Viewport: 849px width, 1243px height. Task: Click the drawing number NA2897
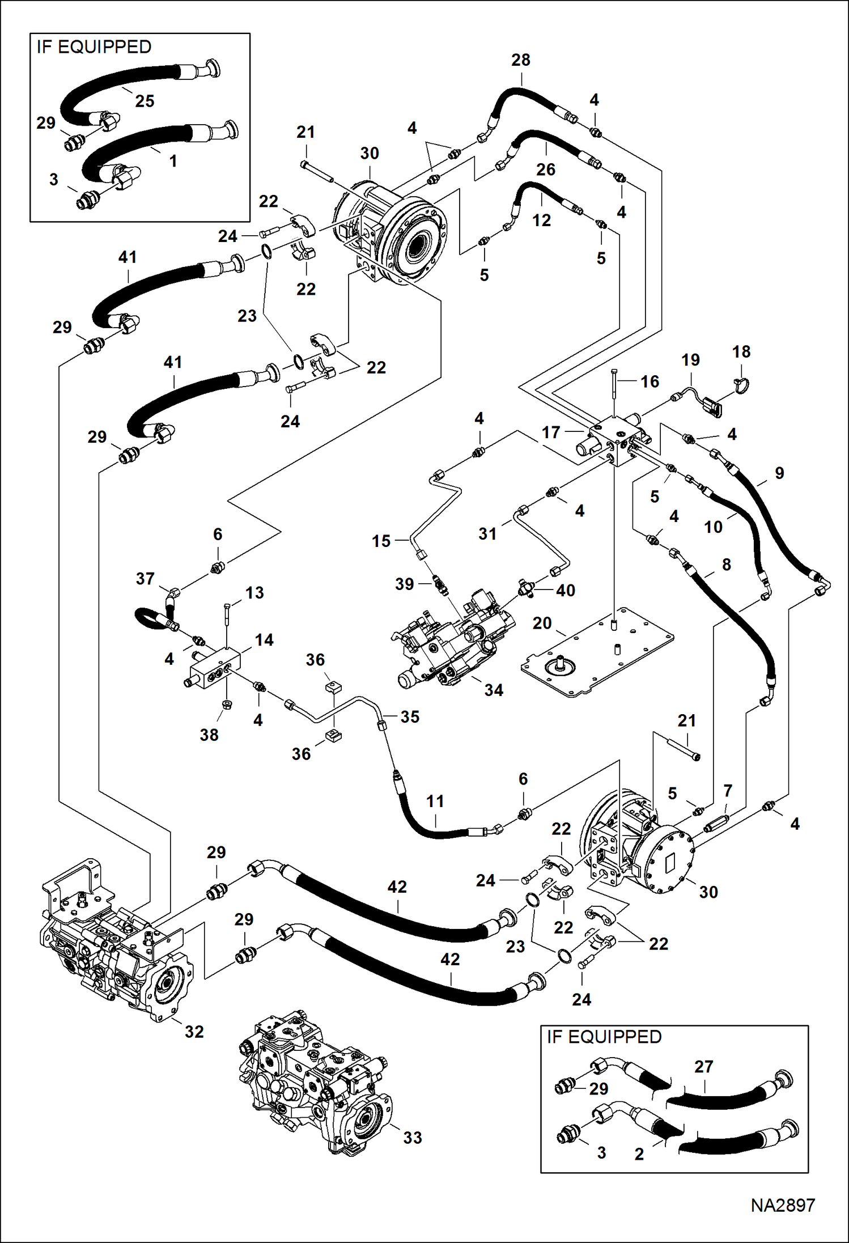pyautogui.click(x=783, y=1205)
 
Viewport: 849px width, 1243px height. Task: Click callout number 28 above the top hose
pyautogui.click(x=520, y=60)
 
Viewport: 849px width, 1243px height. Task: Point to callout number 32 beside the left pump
pyautogui.click(x=194, y=1032)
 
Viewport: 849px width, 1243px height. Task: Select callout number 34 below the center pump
pyautogui.click(x=493, y=690)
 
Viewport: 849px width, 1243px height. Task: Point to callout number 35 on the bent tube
pyautogui.click(x=409, y=716)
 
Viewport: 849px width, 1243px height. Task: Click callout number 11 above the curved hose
pyautogui.click(x=435, y=801)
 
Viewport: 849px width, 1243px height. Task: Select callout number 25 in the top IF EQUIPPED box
pyautogui.click(x=145, y=101)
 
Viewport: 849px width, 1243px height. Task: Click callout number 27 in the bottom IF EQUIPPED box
pyautogui.click(x=703, y=1067)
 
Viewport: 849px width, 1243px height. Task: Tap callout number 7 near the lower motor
pyautogui.click(x=728, y=790)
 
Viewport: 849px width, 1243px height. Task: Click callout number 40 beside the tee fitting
pyautogui.click(x=565, y=590)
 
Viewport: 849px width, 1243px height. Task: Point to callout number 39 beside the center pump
pyautogui.click(x=404, y=584)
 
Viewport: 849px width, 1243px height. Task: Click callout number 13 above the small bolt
pyautogui.click(x=254, y=593)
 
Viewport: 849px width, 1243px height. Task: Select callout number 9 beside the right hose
pyautogui.click(x=779, y=473)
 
